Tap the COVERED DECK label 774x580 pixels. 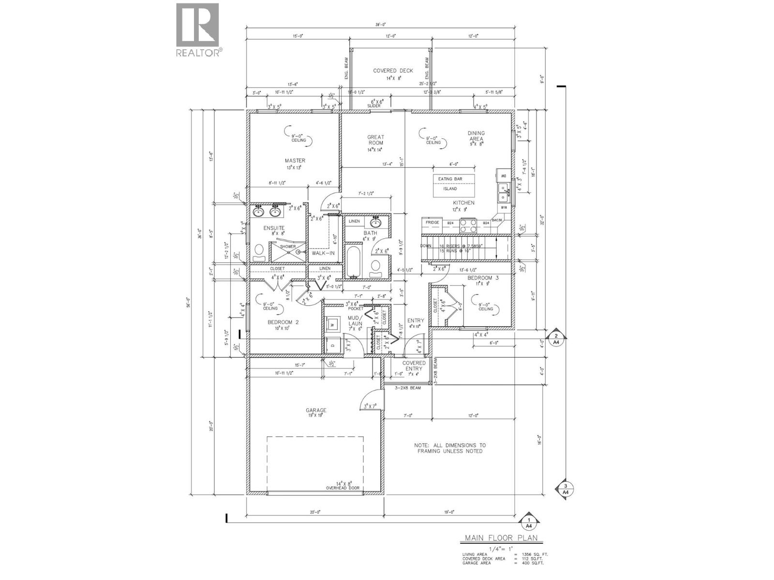[x=393, y=71]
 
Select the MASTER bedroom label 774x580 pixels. [x=295, y=160]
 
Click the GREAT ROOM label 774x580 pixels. [x=375, y=140]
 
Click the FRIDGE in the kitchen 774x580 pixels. [x=432, y=223]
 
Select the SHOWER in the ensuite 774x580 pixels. [x=287, y=249]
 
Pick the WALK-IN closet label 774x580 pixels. [x=323, y=253]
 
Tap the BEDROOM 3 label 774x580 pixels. [x=479, y=278]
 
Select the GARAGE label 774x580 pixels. [x=316, y=410]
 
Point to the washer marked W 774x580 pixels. [x=332, y=325]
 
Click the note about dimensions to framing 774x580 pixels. [x=450, y=448]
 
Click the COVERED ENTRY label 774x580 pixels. [x=414, y=365]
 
